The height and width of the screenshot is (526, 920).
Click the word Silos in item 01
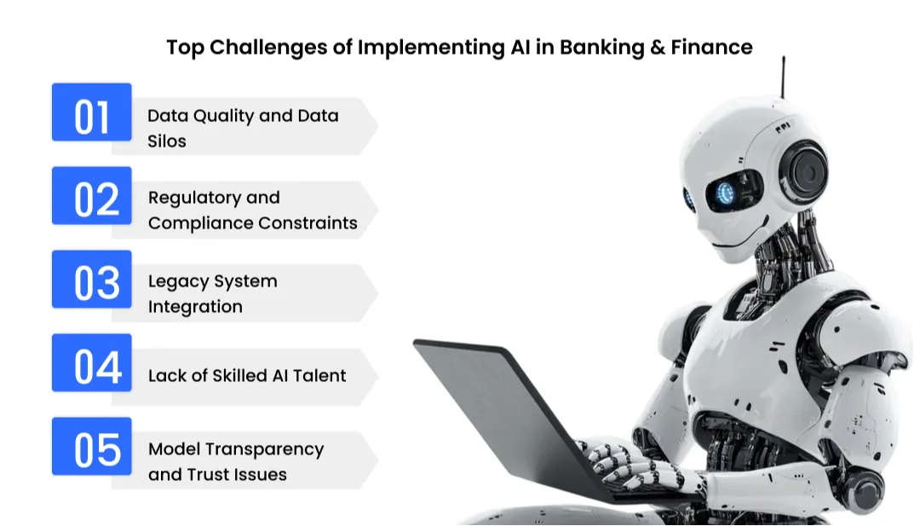(x=167, y=141)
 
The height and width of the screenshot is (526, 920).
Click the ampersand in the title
(x=656, y=47)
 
